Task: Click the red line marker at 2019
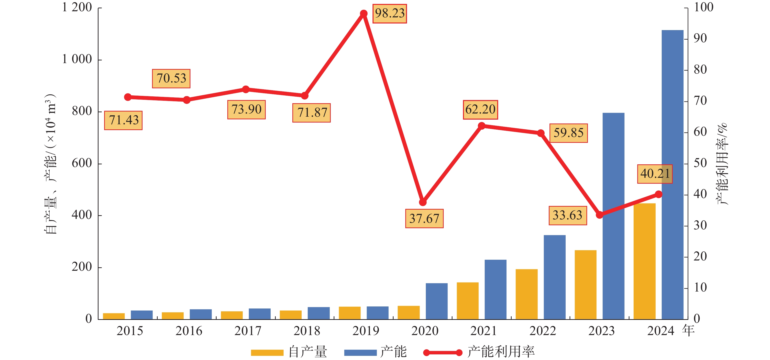[x=364, y=13]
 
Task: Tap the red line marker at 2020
[x=423, y=202]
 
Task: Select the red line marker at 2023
[x=599, y=215]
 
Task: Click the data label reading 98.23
[x=389, y=13]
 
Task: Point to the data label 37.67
[x=424, y=219]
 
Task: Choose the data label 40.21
[x=655, y=174]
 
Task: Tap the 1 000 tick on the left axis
[x=77, y=59]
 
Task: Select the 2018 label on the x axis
[x=307, y=331]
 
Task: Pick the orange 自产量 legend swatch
[x=267, y=352]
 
